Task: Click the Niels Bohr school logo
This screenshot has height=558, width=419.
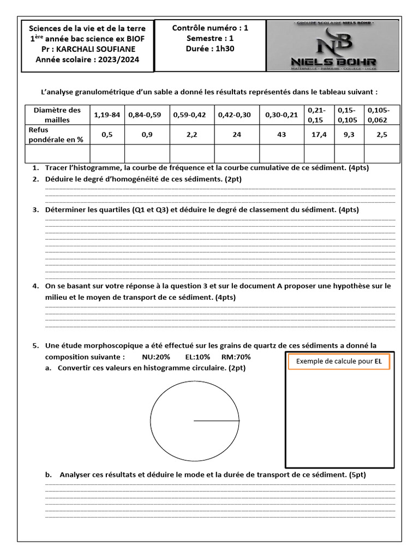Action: pos(332,46)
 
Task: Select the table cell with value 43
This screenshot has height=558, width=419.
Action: pos(282,135)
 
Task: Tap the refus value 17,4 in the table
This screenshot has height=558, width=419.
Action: pos(319,135)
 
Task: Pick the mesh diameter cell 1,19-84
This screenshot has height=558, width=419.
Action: pos(106,115)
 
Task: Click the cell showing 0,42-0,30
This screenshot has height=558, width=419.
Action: pos(236,115)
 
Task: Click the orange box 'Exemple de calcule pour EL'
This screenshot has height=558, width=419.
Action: pos(338,361)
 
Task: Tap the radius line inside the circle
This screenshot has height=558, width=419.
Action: pos(217,421)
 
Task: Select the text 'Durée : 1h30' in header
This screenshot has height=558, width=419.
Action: pos(210,48)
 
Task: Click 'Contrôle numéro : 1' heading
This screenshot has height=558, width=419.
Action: pos(210,28)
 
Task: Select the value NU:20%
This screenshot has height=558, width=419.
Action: pos(156,357)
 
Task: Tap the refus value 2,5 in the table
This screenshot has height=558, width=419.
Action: pos(382,135)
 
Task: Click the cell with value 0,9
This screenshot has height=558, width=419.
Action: pos(147,135)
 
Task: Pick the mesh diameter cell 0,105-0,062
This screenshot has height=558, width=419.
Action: pos(382,115)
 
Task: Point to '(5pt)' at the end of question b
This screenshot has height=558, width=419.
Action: pos(356,475)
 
